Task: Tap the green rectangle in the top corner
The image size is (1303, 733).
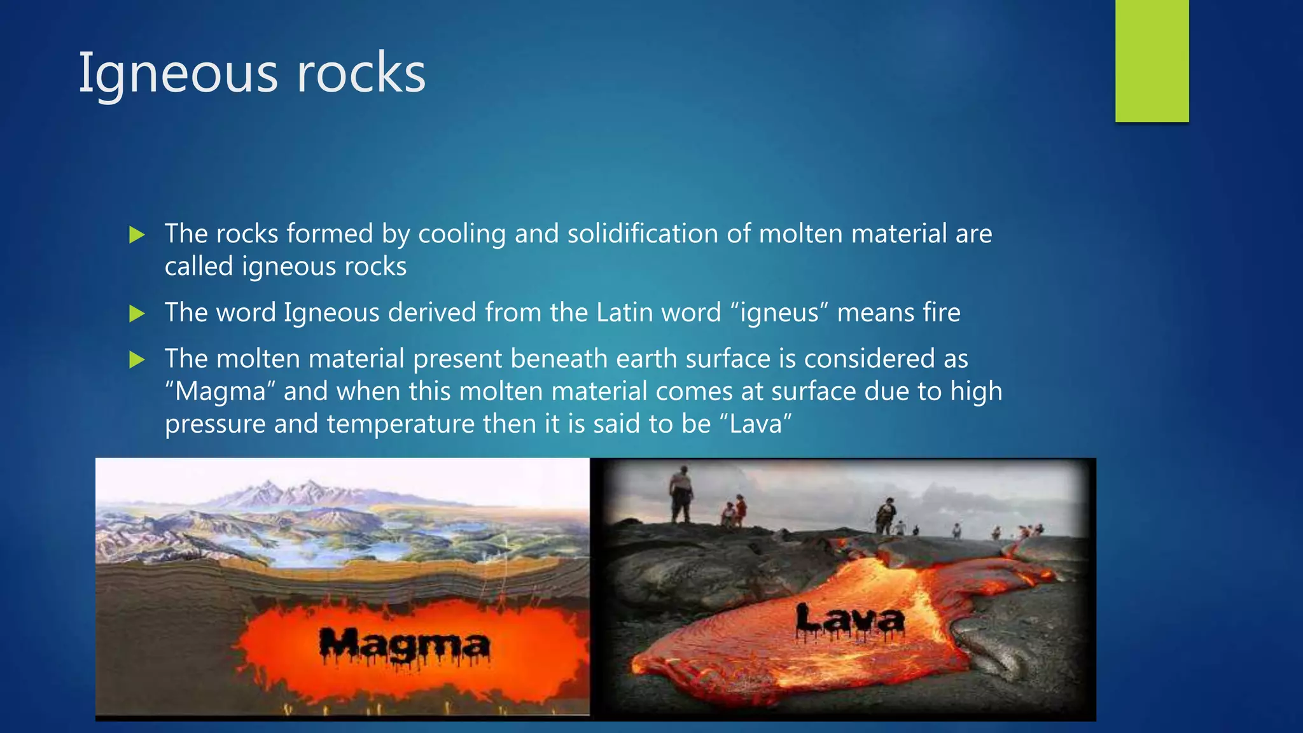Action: (1152, 61)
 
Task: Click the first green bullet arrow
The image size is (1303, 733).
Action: (137, 235)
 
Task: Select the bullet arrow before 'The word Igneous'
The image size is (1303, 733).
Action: (137, 313)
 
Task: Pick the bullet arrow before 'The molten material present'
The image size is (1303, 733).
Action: (137, 360)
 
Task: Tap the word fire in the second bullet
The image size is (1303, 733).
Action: (941, 312)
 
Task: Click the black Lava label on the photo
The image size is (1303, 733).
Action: (850, 621)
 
